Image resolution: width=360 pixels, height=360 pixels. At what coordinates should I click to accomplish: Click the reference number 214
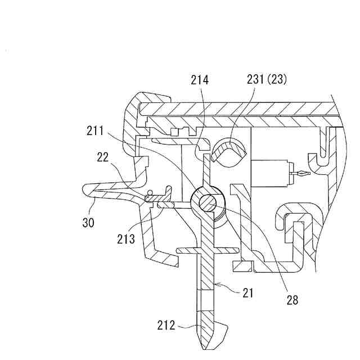(199, 81)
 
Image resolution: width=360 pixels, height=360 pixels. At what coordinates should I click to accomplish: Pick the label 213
(127, 239)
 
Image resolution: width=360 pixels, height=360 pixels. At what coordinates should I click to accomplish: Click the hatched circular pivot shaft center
(208, 201)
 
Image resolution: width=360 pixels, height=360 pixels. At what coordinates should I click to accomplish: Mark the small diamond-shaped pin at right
(303, 174)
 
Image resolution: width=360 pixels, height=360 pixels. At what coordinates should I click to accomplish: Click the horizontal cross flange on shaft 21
(206, 249)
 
